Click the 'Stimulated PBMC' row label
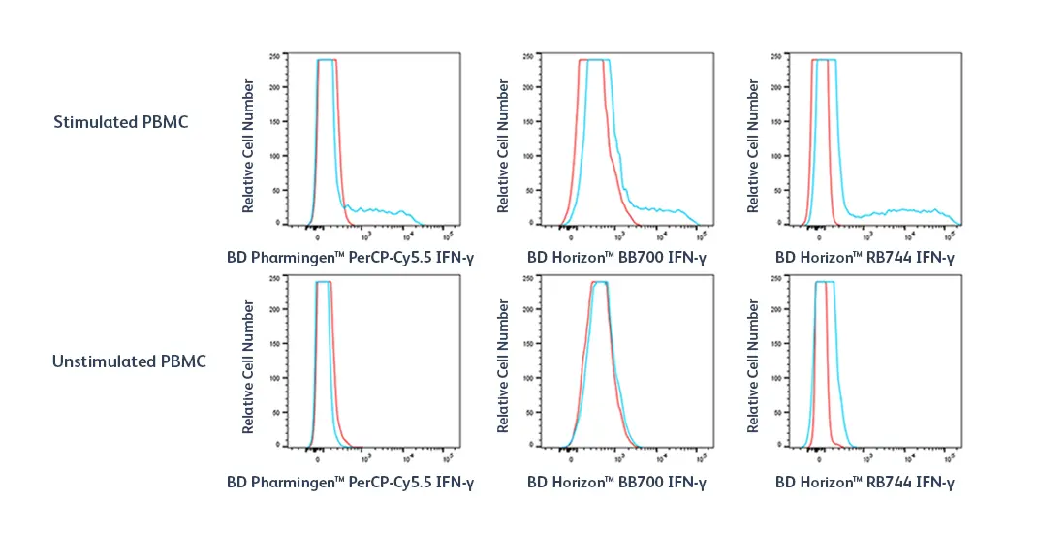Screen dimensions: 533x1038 pos(120,123)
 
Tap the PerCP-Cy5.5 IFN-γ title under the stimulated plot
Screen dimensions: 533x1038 pos(350,259)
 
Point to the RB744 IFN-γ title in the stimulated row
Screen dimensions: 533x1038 pos(865,259)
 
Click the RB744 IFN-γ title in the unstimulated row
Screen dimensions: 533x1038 pos(865,482)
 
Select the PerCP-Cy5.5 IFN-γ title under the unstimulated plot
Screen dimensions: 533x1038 pos(350,482)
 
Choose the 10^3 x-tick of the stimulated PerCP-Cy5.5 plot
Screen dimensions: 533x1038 pos(365,234)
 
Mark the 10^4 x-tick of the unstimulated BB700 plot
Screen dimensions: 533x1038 pos(661,455)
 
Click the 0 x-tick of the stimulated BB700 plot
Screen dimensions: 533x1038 pos(571,234)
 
